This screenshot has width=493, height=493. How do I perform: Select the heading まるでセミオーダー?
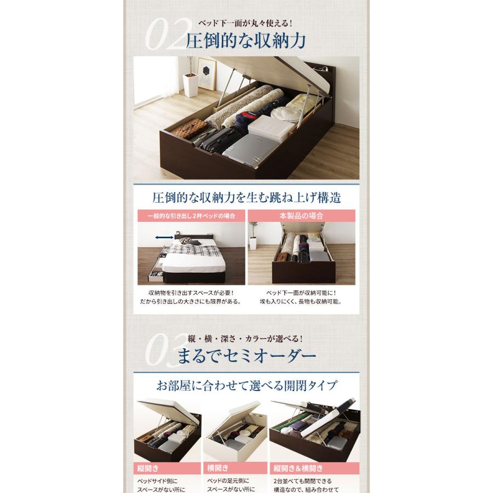(246, 357)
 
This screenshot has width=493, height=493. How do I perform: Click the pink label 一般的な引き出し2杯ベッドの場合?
(191, 215)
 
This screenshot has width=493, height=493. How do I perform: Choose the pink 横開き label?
(217, 468)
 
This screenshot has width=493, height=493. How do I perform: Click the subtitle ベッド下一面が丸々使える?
(246, 24)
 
